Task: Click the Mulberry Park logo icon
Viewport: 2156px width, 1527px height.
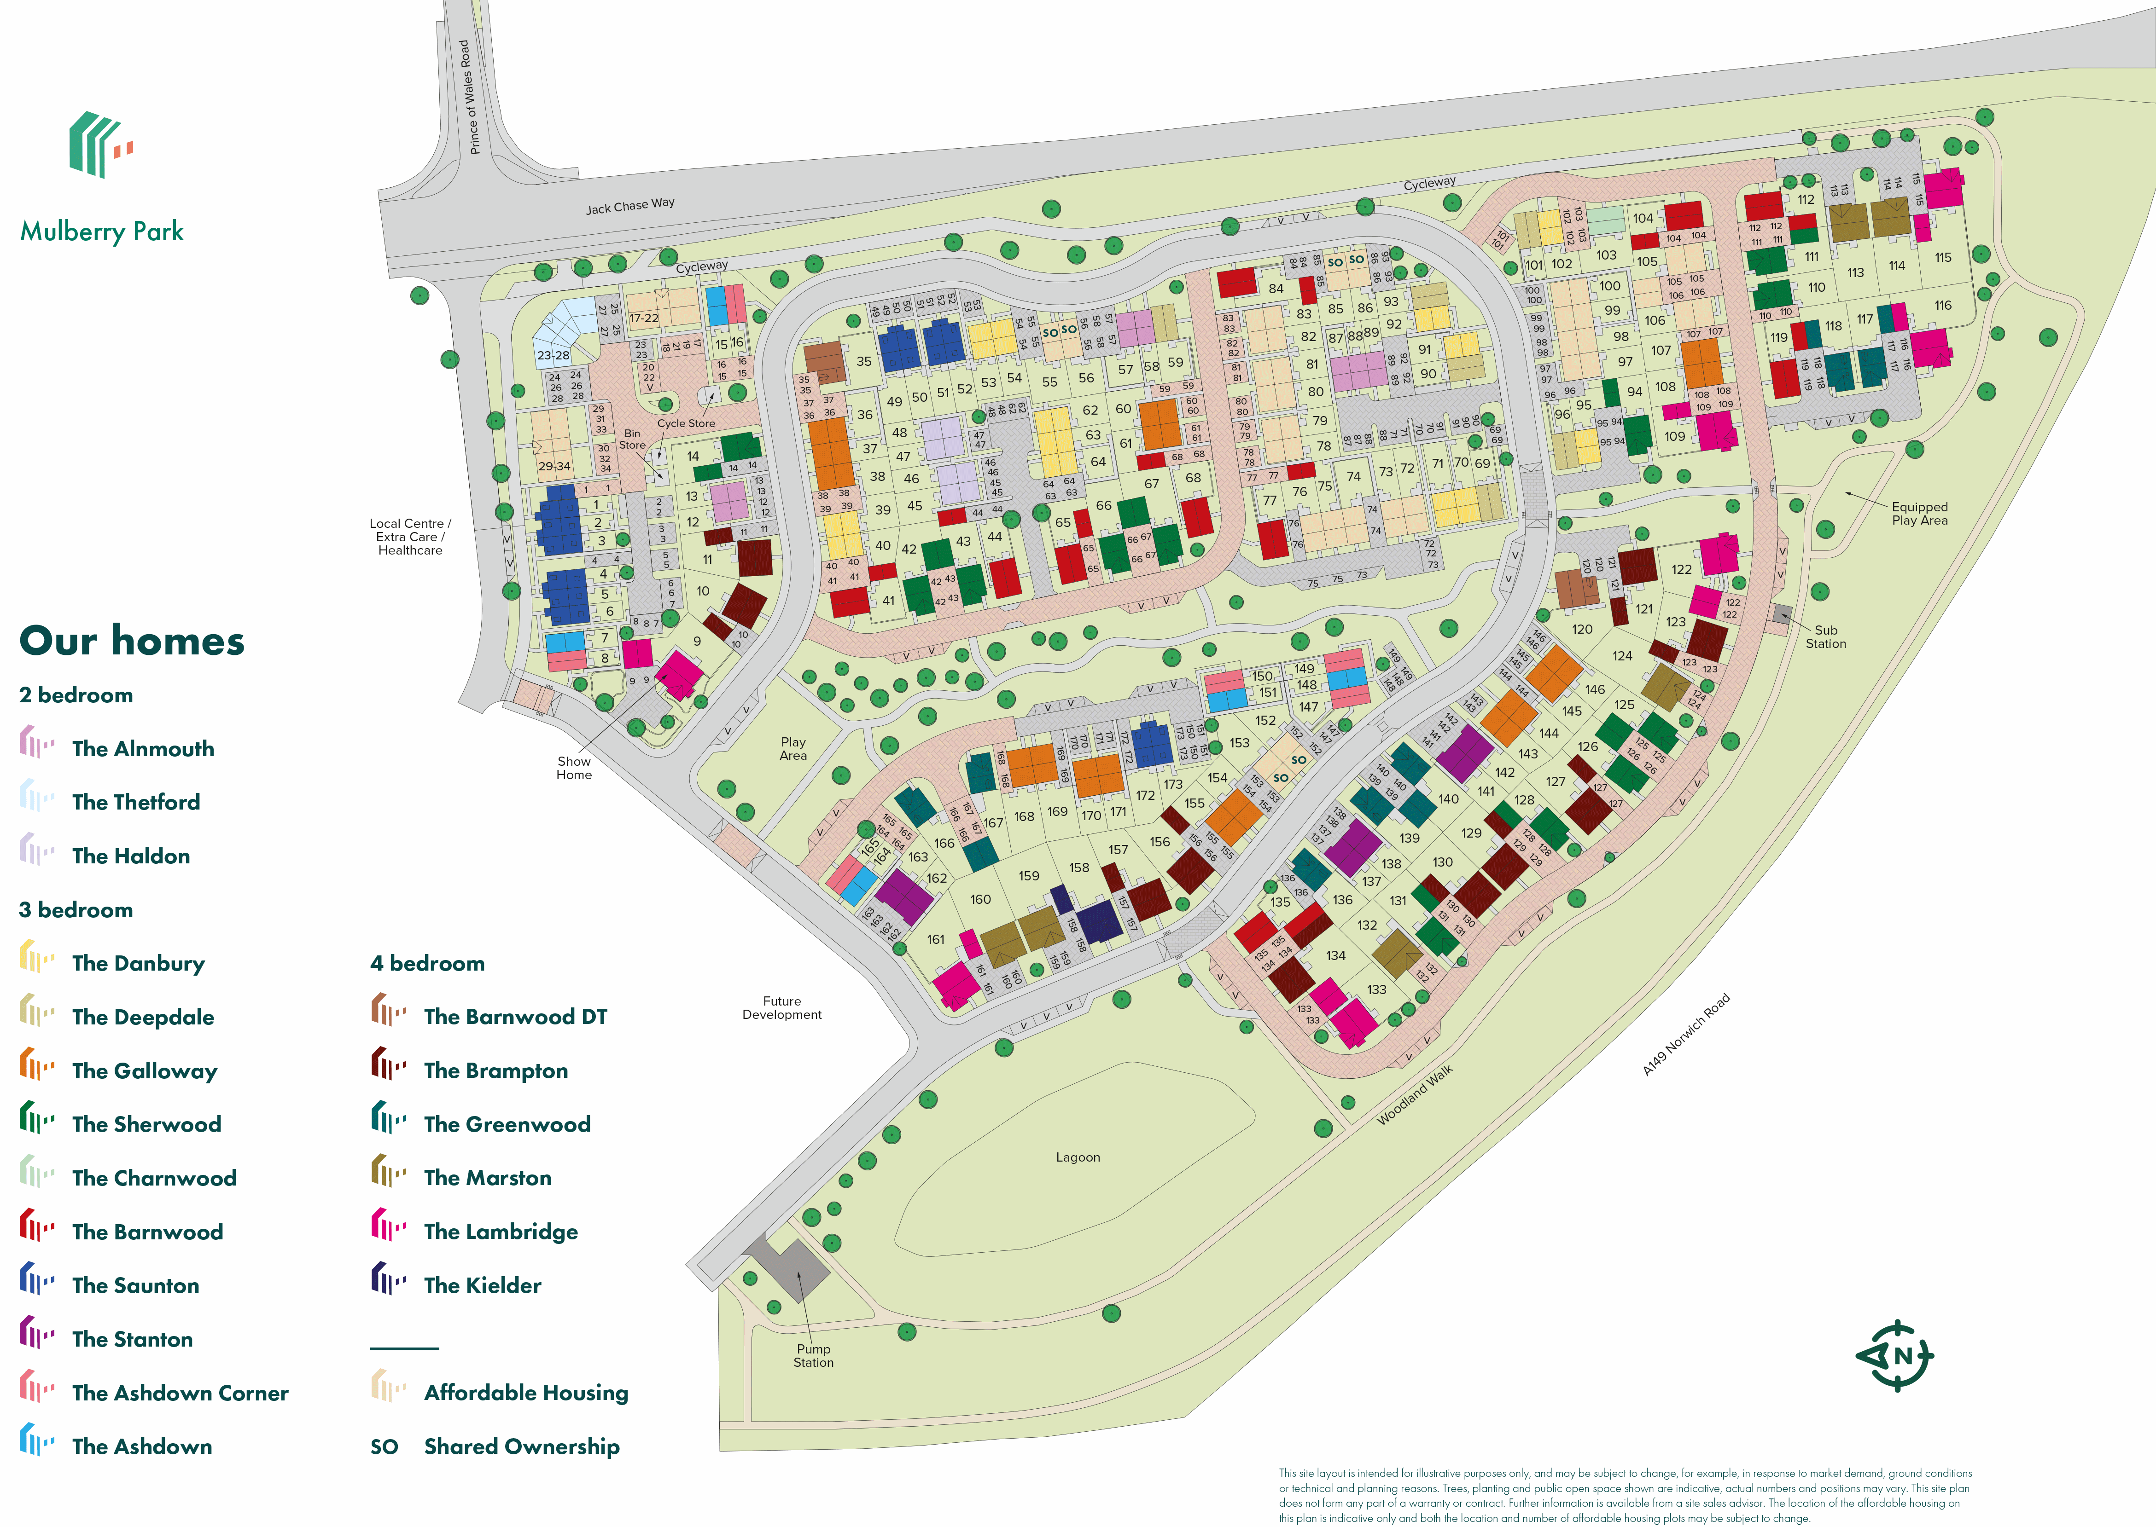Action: [100, 145]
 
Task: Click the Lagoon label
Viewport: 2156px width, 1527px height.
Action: [1077, 1157]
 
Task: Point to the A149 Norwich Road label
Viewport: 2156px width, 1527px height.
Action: [1686, 1034]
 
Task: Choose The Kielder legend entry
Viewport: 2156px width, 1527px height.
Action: [482, 1285]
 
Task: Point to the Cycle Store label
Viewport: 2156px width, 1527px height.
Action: [686, 423]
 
